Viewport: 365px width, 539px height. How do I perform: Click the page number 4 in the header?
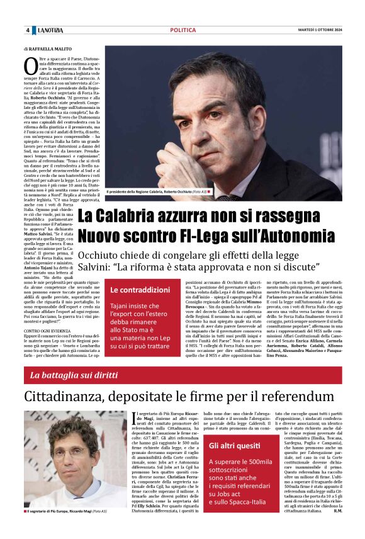pos(28,30)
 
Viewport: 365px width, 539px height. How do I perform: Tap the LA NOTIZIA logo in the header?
pos(50,30)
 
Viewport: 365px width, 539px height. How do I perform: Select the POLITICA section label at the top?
pos(182,30)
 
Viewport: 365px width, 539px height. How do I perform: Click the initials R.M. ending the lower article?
pos(337,528)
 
